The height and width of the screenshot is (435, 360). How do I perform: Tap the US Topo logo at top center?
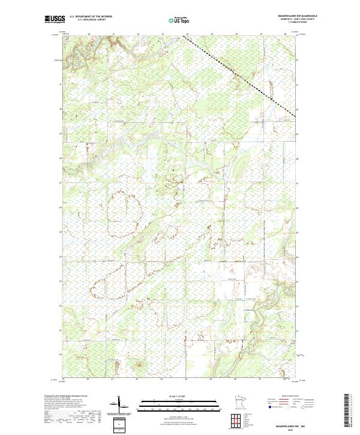coord(179,20)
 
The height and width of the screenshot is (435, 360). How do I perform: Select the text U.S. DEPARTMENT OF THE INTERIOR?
coord(91,16)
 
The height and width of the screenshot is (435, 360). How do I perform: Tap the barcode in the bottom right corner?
coord(347,410)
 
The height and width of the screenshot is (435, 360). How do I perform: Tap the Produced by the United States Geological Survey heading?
coord(67,396)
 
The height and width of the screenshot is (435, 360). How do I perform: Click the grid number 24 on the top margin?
coord(187,34)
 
